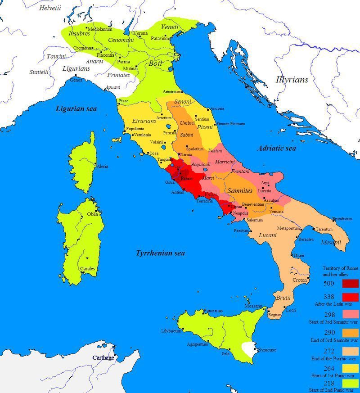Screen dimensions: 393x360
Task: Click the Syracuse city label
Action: (267, 350)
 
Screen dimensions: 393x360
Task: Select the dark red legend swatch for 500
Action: (351, 284)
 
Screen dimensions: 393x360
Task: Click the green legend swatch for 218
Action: (351, 383)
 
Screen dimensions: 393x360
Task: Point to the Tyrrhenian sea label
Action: (160, 253)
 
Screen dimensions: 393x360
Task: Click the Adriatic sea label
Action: (277, 148)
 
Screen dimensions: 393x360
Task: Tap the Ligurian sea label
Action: (76, 108)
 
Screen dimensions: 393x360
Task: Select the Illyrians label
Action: (292, 80)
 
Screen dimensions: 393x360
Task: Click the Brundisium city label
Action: (342, 219)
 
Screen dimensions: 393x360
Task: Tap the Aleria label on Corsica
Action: (102, 167)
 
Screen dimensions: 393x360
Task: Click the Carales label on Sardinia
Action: (87, 269)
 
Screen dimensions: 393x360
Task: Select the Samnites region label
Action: (240, 191)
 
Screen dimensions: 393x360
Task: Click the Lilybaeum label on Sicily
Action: (171, 330)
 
